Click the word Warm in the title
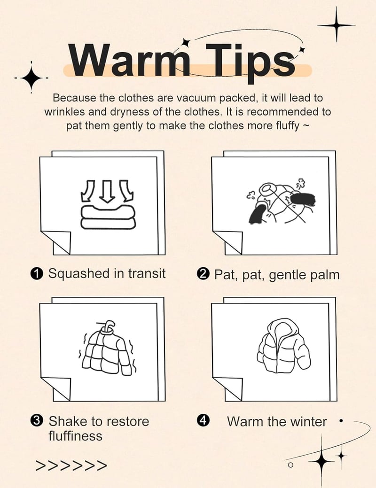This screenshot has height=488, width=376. [x=129, y=60]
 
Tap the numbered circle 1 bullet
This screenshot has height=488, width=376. [x=37, y=274]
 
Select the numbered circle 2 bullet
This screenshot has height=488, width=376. [x=203, y=274]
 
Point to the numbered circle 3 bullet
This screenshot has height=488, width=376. [x=37, y=421]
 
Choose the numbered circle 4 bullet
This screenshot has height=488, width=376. [x=203, y=421]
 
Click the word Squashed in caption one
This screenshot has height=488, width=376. [x=79, y=274]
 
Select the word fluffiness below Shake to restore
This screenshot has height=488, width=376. [x=75, y=436]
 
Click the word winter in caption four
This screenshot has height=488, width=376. [x=308, y=422]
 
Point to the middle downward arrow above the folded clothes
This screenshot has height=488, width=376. [x=107, y=191]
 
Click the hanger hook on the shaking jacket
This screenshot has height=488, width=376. [x=108, y=326]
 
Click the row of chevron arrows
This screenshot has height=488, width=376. [x=71, y=465]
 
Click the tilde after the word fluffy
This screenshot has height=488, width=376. [x=306, y=126]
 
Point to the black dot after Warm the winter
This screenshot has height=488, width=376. [x=341, y=421]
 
